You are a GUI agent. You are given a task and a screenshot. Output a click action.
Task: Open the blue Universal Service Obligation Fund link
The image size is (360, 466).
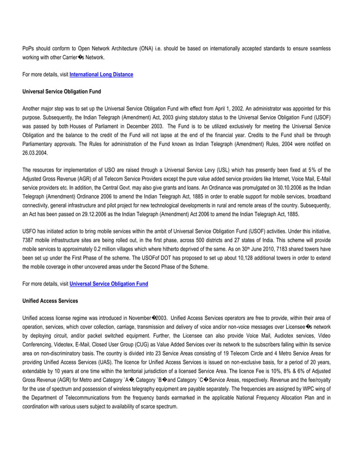point(108,284)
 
